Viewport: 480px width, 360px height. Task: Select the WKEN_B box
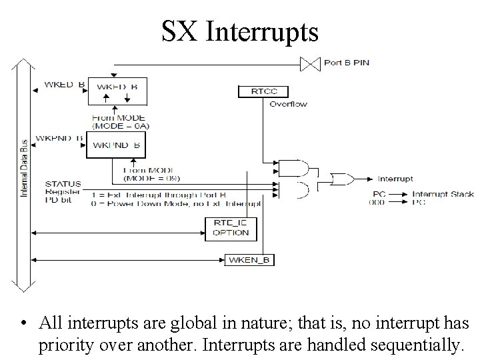pyautogui.click(x=250, y=259)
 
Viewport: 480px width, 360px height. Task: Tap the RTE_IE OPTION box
pyautogui.click(x=231, y=228)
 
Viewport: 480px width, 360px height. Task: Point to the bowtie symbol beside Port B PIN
pyautogui.click(x=309, y=64)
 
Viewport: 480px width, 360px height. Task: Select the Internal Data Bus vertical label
pyautogui.click(x=25, y=172)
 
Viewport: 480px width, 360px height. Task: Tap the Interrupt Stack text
pyautogui.click(x=443, y=194)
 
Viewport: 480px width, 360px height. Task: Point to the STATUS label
pyautogui.click(x=63, y=183)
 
